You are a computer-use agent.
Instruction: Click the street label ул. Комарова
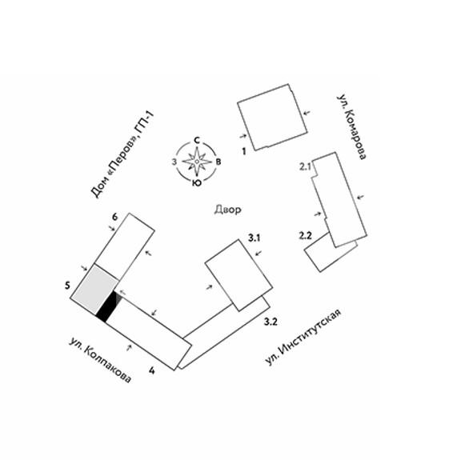click(351, 127)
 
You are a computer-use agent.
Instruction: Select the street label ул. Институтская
click(303, 336)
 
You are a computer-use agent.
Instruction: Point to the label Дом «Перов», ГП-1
click(122, 154)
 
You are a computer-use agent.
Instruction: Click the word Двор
click(228, 210)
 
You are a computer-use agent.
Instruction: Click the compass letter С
click(197, 140)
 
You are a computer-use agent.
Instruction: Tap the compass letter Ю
click(197, 182)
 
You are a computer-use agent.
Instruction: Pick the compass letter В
click(218, 162)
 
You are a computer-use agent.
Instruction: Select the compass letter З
click(174, 162)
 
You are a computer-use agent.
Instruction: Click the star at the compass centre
click(197, 162)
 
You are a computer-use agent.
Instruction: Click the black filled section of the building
click(106, 307)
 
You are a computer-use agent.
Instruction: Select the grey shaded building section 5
click(94, 289)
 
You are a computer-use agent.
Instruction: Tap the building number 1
click(244, 151)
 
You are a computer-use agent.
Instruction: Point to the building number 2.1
click(305, 166)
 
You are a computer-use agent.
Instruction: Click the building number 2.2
click(305, 235)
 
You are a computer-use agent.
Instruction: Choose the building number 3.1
click(254, 238)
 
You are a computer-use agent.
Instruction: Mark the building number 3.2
click(271, 322)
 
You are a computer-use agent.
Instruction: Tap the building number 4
click(152, 370)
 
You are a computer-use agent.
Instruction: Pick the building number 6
click(114, 217)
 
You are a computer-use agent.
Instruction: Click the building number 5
click(67, 285)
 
